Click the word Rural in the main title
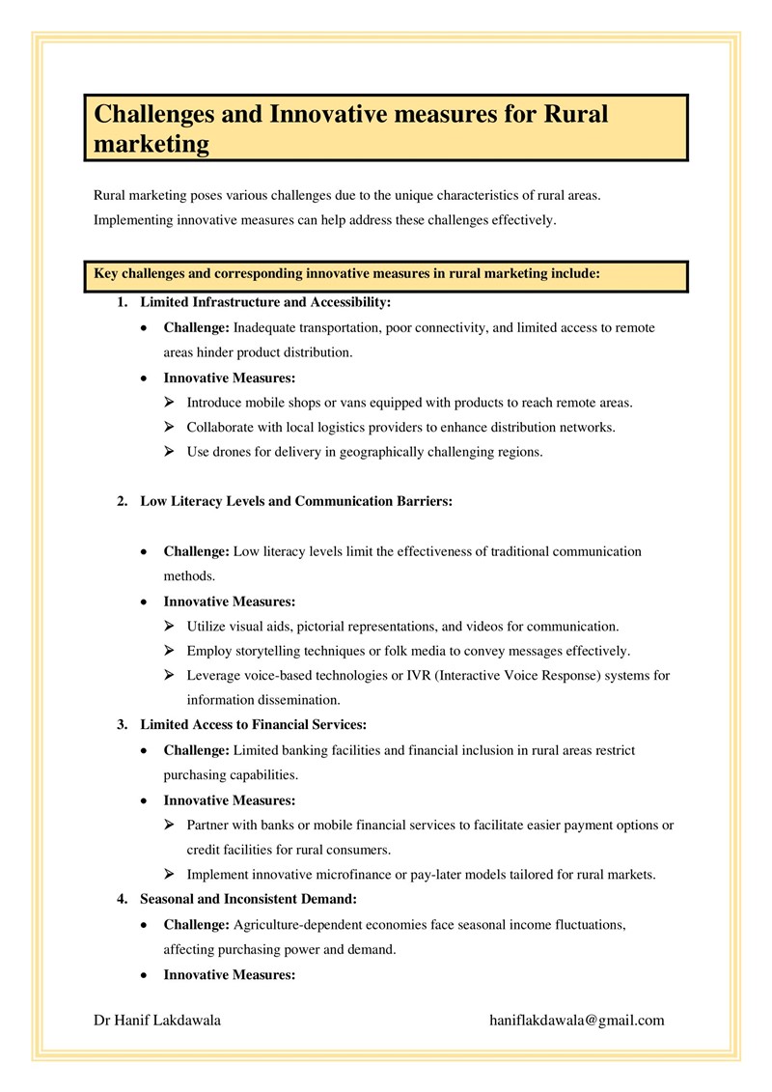click(576, 115)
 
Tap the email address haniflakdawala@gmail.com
click(577, 1020)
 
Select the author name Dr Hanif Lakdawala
click(157, 1020)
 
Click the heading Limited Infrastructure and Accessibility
click(265, 302)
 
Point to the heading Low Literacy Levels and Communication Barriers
click(296, 501)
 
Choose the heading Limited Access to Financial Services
click(253, 724)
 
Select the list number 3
click(123, 724)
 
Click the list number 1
click(123, 302)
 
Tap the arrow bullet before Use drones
click(169, 452)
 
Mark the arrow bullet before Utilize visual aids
click(169, 626)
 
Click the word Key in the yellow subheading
click(105, 273)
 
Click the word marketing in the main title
click(152, 144)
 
